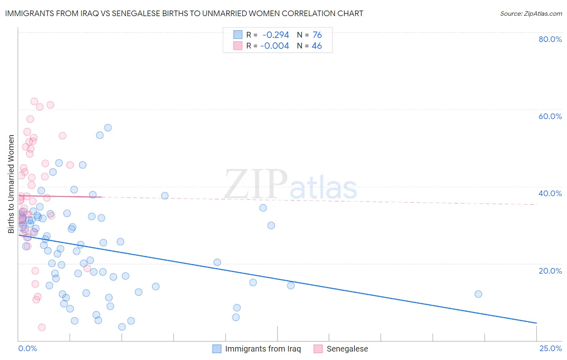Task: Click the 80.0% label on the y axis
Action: click(550, 39)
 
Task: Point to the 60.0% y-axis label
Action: click(550, 116)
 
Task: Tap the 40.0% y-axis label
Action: click(550, 193)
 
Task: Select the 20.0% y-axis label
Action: click(550, 271)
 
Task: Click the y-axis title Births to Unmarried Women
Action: click(11, 184)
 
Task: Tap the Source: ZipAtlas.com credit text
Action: click(531, 14)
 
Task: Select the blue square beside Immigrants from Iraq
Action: click(217, 349)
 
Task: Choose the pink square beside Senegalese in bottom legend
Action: click(318, 349)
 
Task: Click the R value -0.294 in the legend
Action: click(275, 35)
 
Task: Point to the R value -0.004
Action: click(275, 46)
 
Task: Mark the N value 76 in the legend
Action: click(317, 35)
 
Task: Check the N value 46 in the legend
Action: click(317, 46)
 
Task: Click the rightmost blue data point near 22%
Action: click(478, 294)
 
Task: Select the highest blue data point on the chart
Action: click(108, 128)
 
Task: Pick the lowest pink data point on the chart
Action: click(42, 327)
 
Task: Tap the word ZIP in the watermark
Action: click(256, 185)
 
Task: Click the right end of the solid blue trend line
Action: click(536, 323)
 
